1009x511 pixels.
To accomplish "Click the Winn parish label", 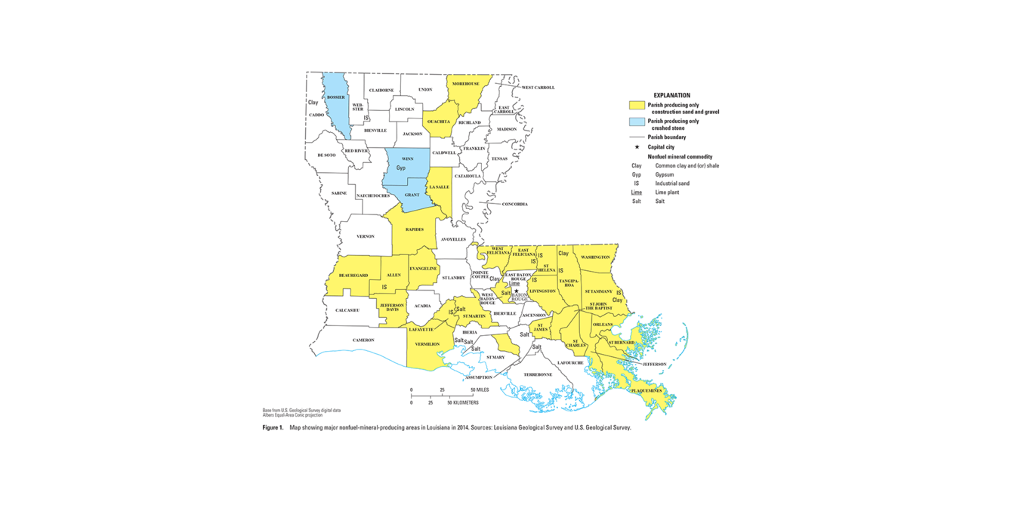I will click(408, 159).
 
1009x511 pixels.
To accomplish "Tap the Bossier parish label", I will click(335, 97).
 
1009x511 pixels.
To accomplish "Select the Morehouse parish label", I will click(466, 84).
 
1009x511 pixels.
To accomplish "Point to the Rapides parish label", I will click(414, 229).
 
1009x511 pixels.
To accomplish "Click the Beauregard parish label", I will click(353, 276).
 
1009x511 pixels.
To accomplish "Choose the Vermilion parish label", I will click(427, 344).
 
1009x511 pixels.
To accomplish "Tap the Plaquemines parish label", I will click(646, 391).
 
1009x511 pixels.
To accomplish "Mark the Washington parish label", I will click(595, 257).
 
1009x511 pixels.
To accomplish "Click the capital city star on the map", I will click(517, 291).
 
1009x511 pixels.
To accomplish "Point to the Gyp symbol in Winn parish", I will click(401, 168).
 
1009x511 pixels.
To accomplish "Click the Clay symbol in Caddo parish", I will click(313, 102).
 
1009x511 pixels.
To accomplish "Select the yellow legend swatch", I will click(637, 106).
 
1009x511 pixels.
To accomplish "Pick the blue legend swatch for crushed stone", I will click(637, 122).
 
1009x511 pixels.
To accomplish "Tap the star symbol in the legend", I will click(637, 147).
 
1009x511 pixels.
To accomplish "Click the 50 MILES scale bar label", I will click(480, 390).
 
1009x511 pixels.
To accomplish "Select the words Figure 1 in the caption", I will click(273, 427).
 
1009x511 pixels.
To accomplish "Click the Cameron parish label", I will click(363, 340).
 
